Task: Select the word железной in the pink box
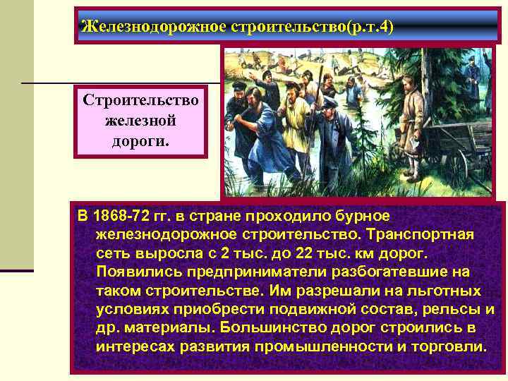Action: point(141,121)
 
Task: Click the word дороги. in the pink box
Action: point(141,141)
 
